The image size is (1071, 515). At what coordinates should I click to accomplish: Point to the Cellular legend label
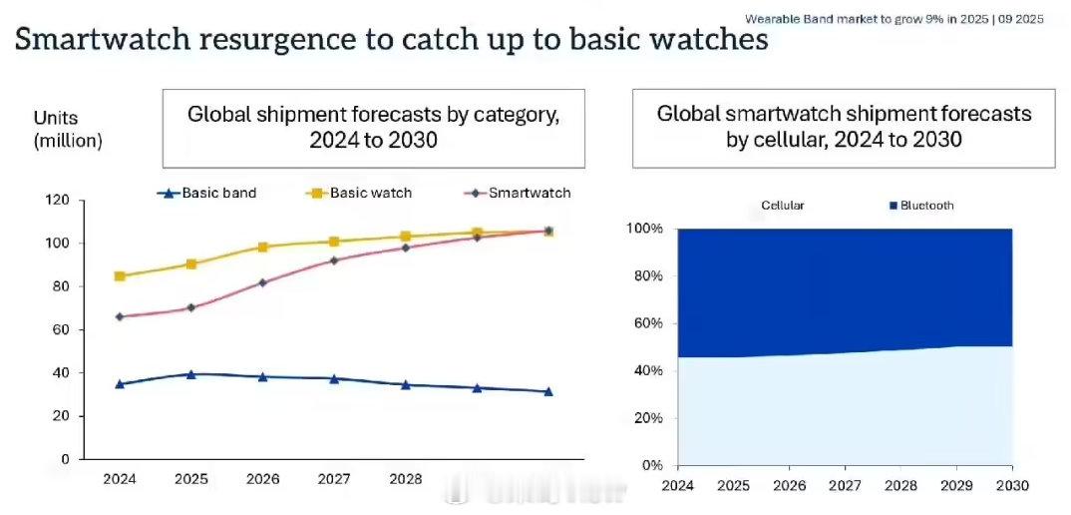pos(782,206)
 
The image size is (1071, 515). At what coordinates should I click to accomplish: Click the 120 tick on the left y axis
pos(57,201)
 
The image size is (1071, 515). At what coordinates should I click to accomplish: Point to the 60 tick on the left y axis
pos(61,329)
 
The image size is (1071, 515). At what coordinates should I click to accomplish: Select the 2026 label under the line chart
pos(262,479)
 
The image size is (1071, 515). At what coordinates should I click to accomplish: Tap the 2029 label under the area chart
pos(956,485)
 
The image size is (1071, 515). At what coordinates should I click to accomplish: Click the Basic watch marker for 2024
pos(120,276)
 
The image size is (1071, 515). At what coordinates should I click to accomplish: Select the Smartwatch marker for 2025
pos(190,307)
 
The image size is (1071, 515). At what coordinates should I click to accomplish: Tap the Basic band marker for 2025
pos(190,374)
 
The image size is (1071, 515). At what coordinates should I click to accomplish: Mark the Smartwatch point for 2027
pos(334,260)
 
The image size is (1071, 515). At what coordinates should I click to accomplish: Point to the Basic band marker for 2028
pos(405,384)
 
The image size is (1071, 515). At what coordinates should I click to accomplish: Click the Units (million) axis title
pos(68,130)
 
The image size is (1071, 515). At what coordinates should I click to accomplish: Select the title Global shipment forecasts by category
pos(374,126)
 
